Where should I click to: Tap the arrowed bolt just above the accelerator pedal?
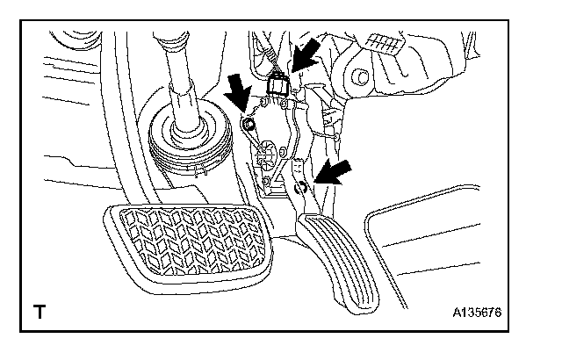pyautogui.click(x=301, y=186)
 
